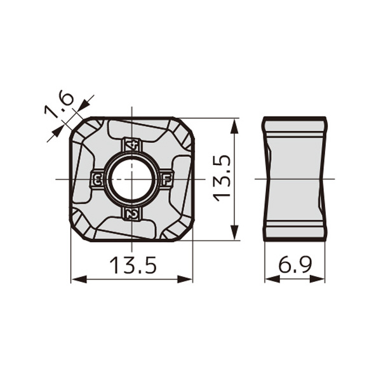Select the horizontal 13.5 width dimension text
pos(131,265)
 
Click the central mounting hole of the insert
pos(131,179)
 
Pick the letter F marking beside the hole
pos(166,179)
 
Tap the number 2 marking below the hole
pos(131,215)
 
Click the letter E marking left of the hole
pos(97,180)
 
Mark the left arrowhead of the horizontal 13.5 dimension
pos(74,278)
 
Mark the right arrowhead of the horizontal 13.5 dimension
pos(189,278)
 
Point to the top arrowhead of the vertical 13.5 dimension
pos(236,123)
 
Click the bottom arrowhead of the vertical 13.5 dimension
pos(236,236)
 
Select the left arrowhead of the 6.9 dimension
pos(268,278)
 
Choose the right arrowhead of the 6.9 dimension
pos(323,278)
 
